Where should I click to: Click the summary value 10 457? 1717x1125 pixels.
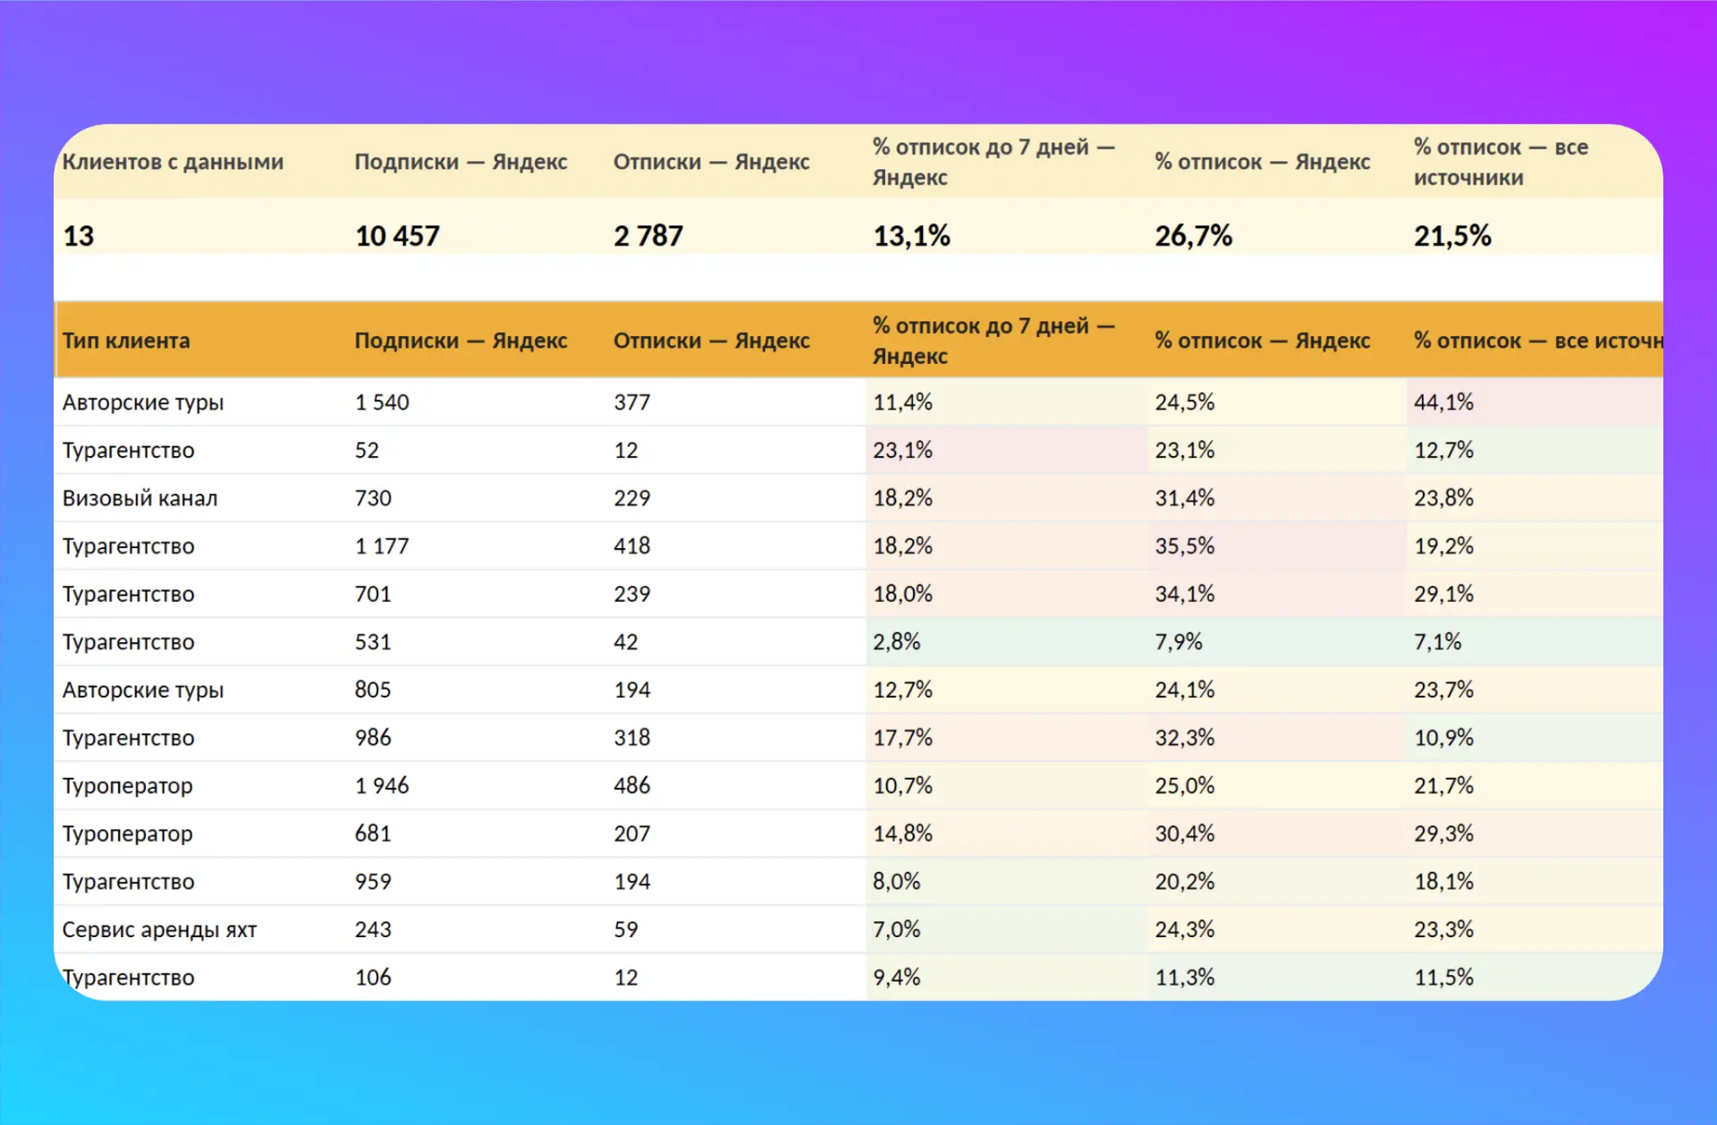tap(397, 236)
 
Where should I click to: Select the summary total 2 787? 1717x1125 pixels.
tap(648, 236)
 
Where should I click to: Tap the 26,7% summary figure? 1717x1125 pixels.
tap(1193, 236)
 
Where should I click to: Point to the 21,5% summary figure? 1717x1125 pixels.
tap(1452, 236)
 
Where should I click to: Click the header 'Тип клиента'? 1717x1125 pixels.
tap(126, 341)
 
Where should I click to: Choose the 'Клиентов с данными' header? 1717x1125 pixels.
tap(173, 162)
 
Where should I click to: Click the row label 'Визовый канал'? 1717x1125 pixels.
tap(140, 498)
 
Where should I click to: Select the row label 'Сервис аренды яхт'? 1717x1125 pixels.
tap(159, 930)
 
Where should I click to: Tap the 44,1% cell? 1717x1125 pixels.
tap(1443, 402)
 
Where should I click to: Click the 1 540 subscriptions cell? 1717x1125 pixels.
tap(382, 402)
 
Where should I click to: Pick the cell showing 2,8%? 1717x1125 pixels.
tap(896, 642)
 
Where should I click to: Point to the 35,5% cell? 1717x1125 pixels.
tap(1184, 546)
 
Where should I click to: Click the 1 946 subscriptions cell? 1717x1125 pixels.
tap(382, 786)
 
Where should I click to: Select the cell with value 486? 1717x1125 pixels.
tap(631, 786)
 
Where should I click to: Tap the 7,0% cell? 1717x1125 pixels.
tap(896, 930)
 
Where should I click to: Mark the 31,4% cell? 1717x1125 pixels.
tap(1184, 498)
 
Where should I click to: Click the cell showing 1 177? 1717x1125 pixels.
tap(382, 546)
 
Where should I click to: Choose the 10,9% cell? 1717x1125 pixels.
tap(1443, 738)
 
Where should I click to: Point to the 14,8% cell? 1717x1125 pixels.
tap(902, 833)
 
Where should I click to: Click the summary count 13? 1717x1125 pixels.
tap(78, 236)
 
